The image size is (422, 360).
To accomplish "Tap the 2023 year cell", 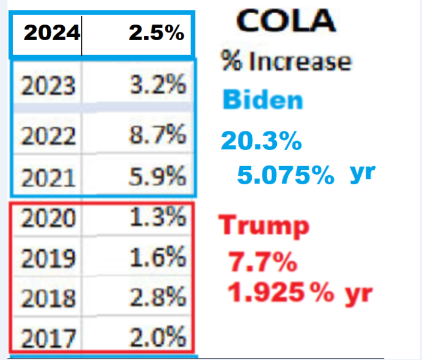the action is point(48,85).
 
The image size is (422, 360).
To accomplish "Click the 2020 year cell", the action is point(48,218).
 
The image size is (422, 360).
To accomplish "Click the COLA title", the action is point(286,20).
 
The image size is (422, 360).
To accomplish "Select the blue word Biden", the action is point(263,100).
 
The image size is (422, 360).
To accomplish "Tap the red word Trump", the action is point(264,226).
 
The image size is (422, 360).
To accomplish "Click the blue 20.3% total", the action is point(261,140).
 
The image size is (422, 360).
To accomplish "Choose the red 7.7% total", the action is point(263,262).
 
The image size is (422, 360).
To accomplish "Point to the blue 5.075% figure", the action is point(285,175).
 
